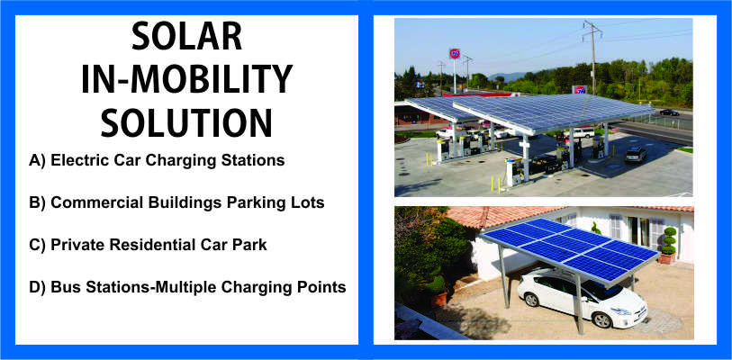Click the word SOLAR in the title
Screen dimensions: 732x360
(x=186, y=36)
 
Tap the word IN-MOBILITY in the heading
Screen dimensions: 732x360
(x=186, y=79)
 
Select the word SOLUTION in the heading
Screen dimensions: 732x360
(x=186, y=122)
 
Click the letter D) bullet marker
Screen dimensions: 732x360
(x=37, y=288)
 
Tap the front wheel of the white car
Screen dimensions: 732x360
(x=601, y=319)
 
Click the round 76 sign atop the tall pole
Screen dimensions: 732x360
(x=454, y=53)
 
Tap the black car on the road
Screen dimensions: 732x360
(x=670, y=112)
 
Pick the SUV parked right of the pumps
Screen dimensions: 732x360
(x=636, y=154)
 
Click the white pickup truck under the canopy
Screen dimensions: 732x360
(x=580, y=133)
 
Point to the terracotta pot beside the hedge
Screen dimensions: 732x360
(x=438, y=300)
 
